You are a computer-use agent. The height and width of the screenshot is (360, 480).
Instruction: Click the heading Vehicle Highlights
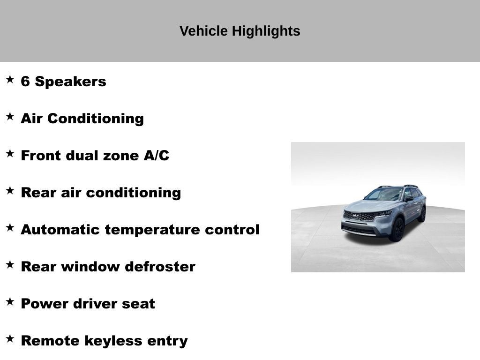tap(240, 31)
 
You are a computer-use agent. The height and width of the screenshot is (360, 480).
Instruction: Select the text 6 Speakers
tap(63, 82)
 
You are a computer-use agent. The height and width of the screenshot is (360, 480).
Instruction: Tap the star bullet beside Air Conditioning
tap(10, 116)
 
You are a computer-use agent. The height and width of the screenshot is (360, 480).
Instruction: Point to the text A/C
tap(156, 156)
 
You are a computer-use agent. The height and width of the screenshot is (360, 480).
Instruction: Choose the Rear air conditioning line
tap(100, 193)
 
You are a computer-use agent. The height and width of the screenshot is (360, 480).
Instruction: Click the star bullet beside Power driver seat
tap(10, 301)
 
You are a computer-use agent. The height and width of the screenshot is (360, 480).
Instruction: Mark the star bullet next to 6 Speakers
tap(10, 79)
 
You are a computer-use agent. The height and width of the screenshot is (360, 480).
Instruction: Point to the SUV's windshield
tap(384, 194)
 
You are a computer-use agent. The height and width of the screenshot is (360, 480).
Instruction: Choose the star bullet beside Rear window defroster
tap(10, 264)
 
